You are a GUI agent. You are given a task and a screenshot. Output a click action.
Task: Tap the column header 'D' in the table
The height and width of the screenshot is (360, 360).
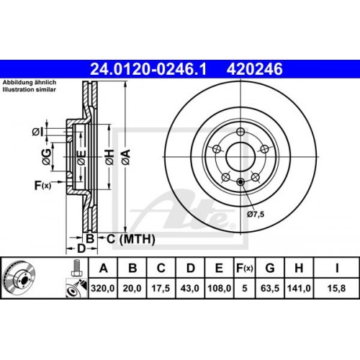pos(189,269)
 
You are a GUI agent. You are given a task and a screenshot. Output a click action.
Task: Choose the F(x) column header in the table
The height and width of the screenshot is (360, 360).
pos(245,269)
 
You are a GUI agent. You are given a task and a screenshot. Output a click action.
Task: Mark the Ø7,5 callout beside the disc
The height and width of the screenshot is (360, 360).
pos(256,214)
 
